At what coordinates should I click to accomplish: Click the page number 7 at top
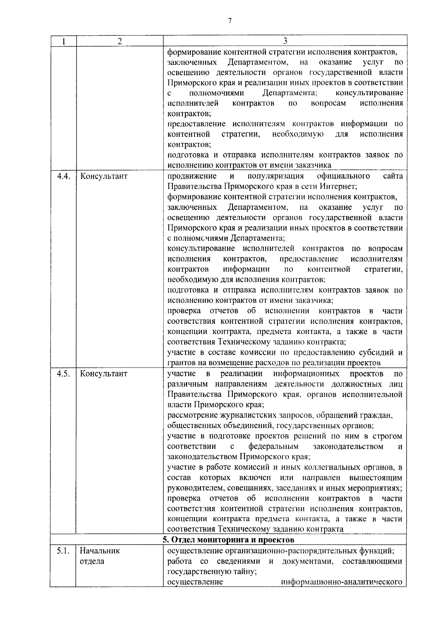230,21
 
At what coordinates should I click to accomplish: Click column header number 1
63,41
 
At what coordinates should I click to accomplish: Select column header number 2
120,41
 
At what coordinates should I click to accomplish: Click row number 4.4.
63,176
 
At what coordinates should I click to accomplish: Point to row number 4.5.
63,374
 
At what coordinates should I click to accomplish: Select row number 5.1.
63,552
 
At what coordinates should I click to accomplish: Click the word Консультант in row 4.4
104,176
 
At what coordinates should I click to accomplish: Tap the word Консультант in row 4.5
104,374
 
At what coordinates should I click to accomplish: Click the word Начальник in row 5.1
100,552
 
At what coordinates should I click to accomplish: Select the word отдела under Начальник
92,562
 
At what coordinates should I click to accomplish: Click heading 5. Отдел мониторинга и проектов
228,540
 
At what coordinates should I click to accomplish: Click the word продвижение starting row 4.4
192,176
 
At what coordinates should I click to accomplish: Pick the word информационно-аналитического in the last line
341,582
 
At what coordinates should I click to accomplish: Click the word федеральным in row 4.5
273,447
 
